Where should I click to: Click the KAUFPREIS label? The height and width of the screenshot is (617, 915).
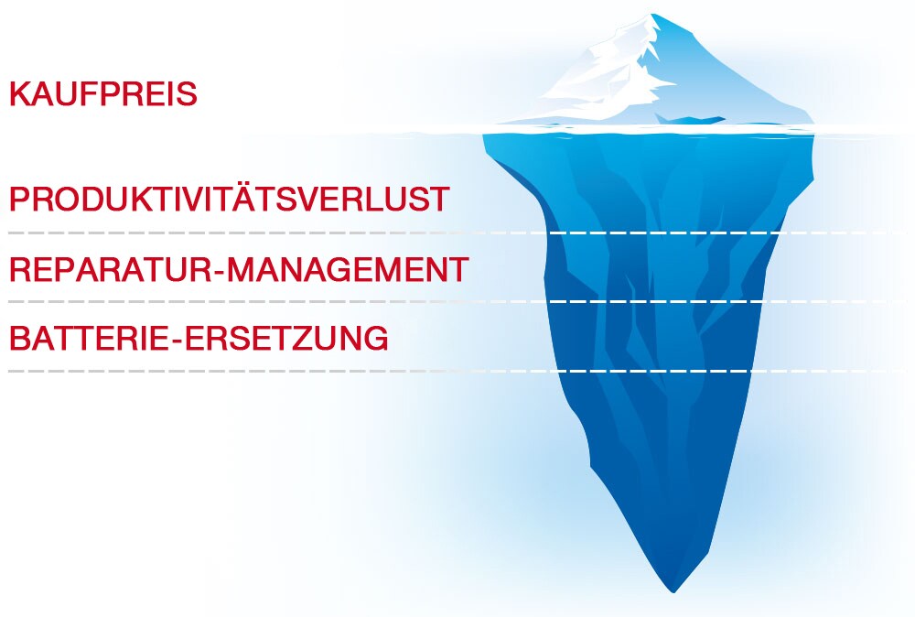click(103, 94)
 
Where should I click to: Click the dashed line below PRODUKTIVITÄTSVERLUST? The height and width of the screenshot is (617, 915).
click(457, 233)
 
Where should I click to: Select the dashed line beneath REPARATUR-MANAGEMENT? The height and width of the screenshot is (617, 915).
click(457, 302)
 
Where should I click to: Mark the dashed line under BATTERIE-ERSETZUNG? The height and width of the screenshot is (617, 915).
click(457, 371)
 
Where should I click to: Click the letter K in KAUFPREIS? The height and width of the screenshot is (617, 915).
click(20, 94)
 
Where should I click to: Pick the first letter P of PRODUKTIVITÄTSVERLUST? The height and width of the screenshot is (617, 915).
click(19, 199)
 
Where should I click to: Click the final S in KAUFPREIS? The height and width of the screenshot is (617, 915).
click(187, 94)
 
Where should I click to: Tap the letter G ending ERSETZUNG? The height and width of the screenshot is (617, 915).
click(376, 338)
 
